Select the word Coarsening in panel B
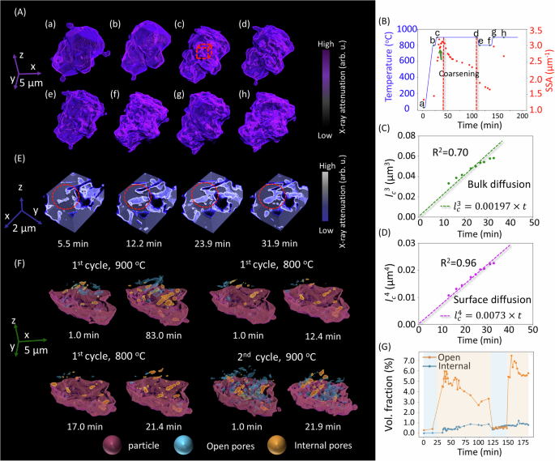click(459, 74)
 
